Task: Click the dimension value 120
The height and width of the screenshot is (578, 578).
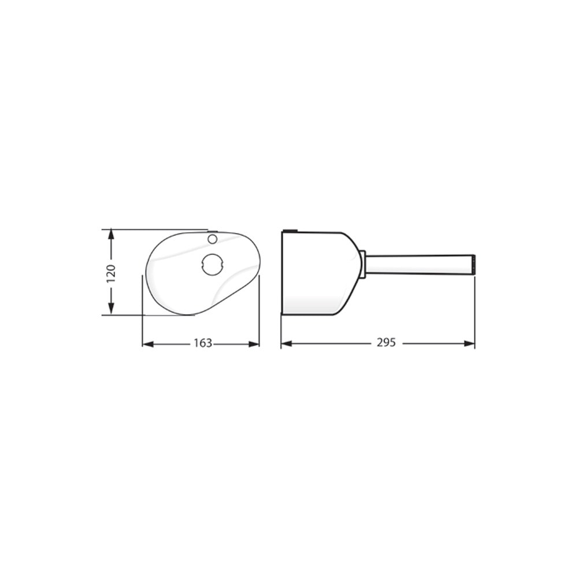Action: tap(111, 273)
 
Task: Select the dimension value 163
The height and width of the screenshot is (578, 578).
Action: tap(202, 343)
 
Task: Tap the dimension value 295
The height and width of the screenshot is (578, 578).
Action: tap(386, 343)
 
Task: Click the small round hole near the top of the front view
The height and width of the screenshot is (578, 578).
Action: tap(212, 238)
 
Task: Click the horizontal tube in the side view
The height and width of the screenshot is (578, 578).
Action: tap(419, 264)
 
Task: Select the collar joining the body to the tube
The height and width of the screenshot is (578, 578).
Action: tap(362, 264)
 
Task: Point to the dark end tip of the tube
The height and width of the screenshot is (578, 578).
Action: tap(473, 264)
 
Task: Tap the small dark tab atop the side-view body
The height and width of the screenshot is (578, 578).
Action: tap(290, 231)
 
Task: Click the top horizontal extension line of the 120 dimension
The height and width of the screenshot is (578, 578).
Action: tap(156, 229)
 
